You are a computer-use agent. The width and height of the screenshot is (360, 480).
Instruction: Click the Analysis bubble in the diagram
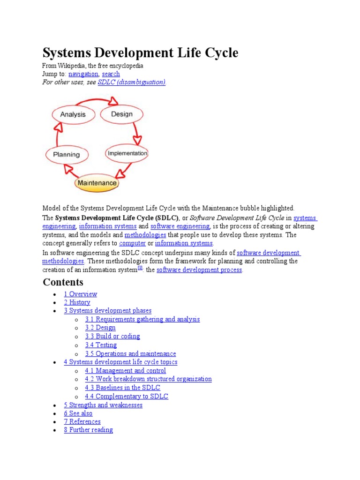pos(73,114)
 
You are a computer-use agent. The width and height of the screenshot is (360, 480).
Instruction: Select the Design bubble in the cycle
pos(121,114)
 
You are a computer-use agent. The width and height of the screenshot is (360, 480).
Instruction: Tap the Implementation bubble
pos(127,153)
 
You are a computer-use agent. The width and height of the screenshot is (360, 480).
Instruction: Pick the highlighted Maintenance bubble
pos(97,182)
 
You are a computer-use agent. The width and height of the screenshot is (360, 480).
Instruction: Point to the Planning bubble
pos(66,154)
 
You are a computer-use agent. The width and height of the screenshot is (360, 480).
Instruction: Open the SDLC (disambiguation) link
pos(132,82)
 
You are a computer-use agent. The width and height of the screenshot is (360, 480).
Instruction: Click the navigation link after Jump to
pos(83,74)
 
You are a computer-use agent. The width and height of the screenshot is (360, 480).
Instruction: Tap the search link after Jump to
pos(111,74)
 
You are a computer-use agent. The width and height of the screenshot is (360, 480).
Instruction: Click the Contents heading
pos(63,282)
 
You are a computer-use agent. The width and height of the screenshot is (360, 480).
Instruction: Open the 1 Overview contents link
pos(81,294)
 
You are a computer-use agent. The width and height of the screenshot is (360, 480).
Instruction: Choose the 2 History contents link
pos(77,302)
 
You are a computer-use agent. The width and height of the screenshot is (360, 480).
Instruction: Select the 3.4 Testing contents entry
pos(101,345)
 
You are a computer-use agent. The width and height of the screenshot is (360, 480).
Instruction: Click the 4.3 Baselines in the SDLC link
pos(122,388)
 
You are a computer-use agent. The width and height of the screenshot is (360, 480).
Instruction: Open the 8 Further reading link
pos(88,430)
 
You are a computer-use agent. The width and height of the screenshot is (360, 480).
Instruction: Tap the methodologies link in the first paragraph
pos(145,234)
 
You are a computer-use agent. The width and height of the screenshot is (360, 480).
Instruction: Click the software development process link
pos(199,270)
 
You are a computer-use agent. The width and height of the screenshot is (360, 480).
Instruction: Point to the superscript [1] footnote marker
pos(140,268)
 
